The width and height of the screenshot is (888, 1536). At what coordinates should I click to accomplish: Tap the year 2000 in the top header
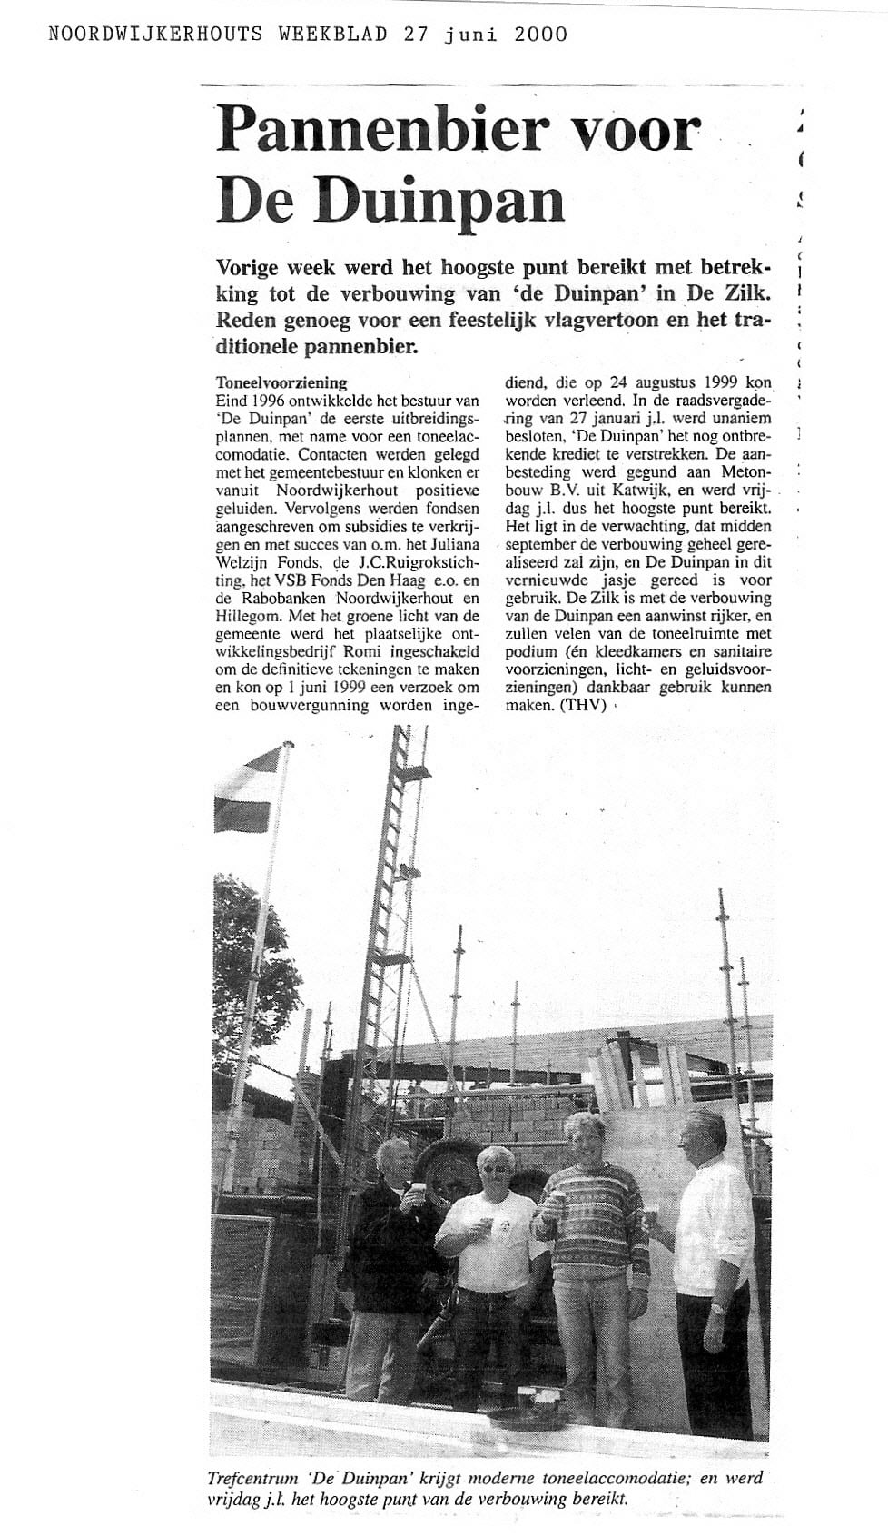(540, 34)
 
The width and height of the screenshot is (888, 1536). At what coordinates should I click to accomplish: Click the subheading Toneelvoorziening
(281, 382)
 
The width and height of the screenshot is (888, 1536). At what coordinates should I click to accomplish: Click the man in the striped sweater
(590, 1254)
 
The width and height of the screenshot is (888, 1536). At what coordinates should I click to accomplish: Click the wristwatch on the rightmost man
(717, 1308)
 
